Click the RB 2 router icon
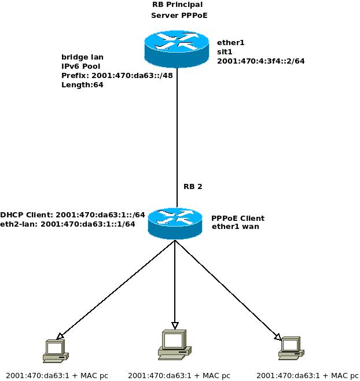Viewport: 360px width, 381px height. (x=175, y=223)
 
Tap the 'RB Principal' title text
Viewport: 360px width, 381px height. (x=177, y=5)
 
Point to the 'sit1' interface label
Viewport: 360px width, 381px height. (x=225, y=51)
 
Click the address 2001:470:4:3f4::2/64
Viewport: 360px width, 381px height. (x=260, y=61)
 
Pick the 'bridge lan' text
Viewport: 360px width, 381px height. (x=82, y=57)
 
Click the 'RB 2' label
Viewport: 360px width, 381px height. (x=193, y=187)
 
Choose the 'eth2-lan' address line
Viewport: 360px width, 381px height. (x=68, y=224)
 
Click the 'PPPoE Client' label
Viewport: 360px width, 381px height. (x=237, y=218)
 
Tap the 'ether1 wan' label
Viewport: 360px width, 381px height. (x=235, y=227)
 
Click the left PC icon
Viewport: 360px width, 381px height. (x=56, y=350)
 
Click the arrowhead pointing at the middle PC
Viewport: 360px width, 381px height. (x=175, y=325)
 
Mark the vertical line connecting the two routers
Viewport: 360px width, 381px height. (x=177, y=127)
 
